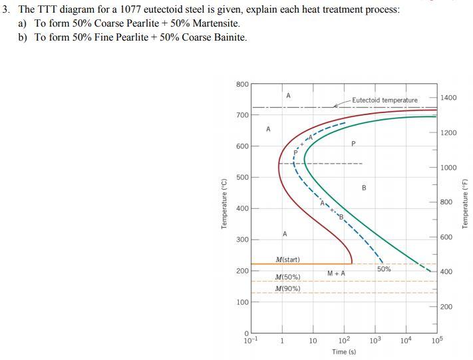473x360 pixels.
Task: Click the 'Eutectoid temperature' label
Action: (x=385, y=100)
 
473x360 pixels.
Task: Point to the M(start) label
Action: (x=287, y=260)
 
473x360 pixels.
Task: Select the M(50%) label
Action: (x=287, y=277)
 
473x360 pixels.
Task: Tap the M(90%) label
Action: (x=287, y=289)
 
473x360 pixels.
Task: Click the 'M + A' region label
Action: (x=336, y=273)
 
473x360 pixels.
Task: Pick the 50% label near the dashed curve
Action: (x=384, y=269)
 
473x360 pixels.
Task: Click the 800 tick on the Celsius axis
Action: (x=242, y=84)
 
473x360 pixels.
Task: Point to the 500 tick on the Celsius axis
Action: (x=242, y=177)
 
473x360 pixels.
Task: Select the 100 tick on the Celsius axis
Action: (x=242, y=302)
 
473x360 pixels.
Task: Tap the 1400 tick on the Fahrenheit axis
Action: (x=448, y=98)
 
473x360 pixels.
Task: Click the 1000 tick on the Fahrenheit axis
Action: (x=448, y=168)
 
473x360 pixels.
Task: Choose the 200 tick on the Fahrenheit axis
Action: (x=446, y=307)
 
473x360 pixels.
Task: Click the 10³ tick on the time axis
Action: (x=375, y=341)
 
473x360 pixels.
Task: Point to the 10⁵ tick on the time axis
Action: (x=436, y=341)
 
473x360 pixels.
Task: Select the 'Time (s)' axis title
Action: (x=343, y=352)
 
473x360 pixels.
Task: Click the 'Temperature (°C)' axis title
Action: (x=225, y=205)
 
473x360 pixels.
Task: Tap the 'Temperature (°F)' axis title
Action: (x=465, y=203)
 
